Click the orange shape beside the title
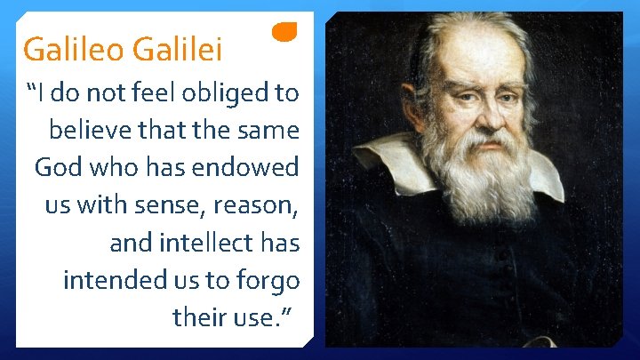pyautogui.click(x=284, y=32)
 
